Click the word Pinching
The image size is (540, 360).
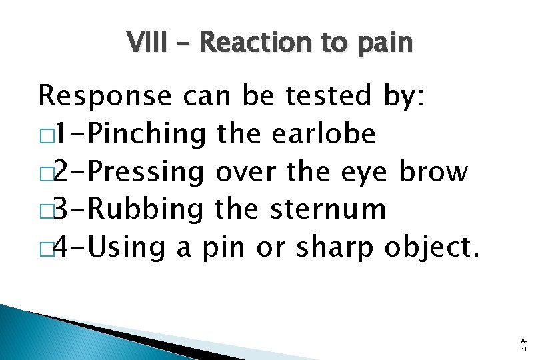147,135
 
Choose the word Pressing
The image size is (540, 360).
147,172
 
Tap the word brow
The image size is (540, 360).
433,171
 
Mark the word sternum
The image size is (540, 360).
329,209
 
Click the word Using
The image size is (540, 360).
127,247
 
